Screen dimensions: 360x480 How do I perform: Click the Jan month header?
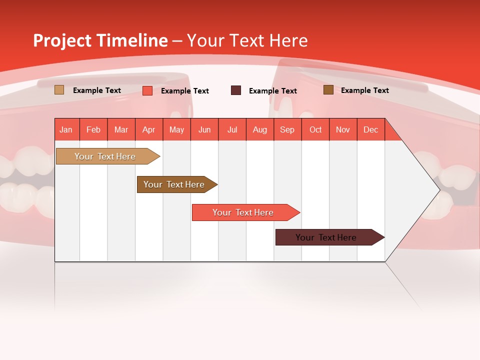pos(66,129)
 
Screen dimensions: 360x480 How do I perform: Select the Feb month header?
pos(93,129)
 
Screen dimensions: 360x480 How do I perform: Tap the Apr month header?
pos(148,129)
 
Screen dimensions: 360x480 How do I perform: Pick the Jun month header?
pos(204,129)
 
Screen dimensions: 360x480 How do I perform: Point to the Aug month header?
pos(259,129)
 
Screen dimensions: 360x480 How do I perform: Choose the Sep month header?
pos(287,129)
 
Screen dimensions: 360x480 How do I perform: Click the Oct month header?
pos(315,129)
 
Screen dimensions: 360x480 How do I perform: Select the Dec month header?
pos(370,129)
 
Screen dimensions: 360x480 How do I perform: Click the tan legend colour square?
pos(59,90)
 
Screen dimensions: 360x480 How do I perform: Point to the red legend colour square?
pos(147,90)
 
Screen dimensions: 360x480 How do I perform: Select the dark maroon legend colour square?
pos(236,90)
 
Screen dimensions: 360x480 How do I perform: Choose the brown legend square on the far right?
pos(328,90)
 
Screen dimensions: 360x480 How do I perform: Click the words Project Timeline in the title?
pos(100,40)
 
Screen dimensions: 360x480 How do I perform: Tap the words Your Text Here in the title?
pos(247,40)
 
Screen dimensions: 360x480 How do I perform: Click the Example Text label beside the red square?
pos(185,91)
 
